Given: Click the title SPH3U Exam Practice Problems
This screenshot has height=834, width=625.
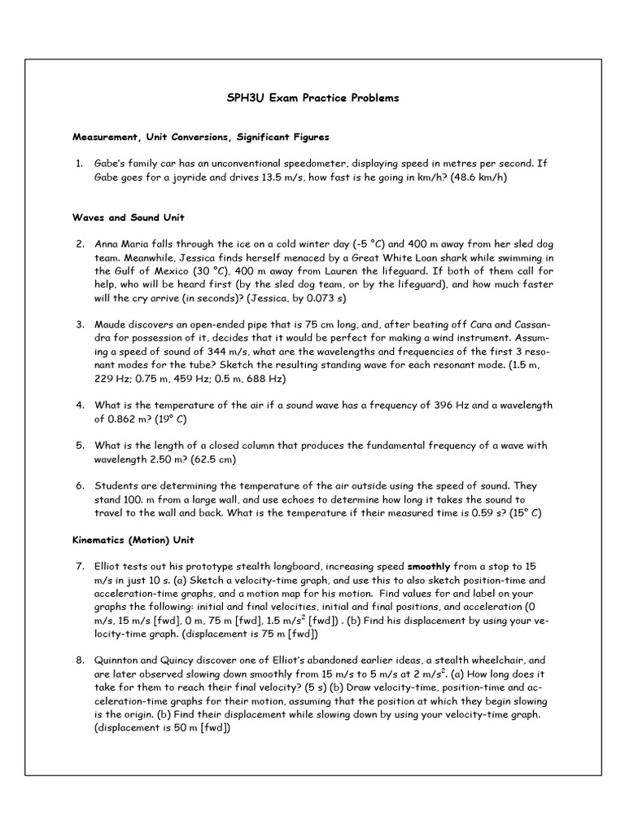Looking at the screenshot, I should pos(312,98).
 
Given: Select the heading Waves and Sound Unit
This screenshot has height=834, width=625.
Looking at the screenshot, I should pos(128,217).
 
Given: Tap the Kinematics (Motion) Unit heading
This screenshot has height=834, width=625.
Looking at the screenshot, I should pos(133,540).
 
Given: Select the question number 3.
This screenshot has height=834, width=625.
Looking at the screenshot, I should pos(80,324).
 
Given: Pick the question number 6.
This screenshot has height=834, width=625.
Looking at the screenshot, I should pos(80,485).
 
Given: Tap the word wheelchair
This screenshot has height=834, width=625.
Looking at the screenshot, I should pos(497,661).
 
